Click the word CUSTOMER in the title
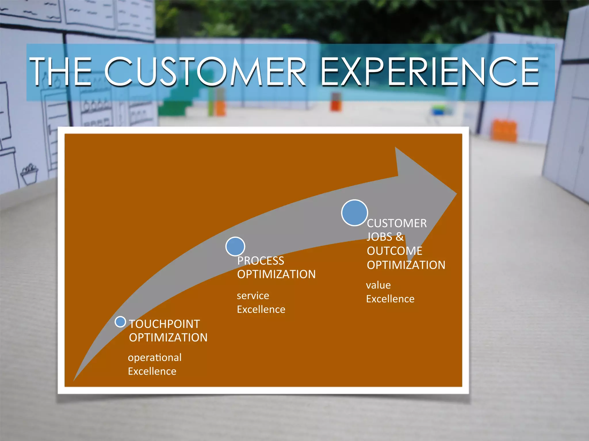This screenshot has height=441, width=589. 205,71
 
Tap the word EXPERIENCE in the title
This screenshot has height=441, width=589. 429,71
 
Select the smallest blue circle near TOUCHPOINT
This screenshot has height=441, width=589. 120,322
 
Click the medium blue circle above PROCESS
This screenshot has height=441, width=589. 235,246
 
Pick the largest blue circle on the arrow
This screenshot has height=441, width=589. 354,213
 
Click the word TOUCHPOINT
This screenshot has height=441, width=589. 164,324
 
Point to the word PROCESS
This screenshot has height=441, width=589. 261,261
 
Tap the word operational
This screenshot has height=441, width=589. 155,358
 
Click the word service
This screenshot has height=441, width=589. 253,296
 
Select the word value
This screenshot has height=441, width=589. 378,285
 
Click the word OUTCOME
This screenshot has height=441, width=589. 394,251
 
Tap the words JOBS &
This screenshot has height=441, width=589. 385,237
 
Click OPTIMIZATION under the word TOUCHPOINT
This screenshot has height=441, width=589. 168,338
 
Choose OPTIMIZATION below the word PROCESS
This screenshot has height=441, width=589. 276,274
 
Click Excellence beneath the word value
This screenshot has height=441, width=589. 390,299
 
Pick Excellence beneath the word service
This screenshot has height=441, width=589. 261,310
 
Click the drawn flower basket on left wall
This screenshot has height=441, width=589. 29,174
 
